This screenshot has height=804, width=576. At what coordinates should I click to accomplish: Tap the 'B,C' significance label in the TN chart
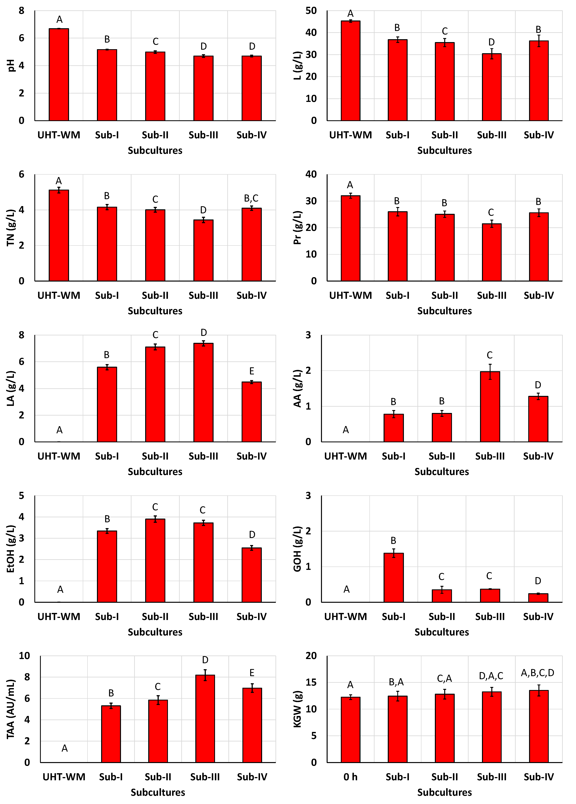pyautogui.click(x=251, y=199)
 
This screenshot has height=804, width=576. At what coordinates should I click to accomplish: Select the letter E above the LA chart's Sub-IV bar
pyautogui.click(x=251, y=371)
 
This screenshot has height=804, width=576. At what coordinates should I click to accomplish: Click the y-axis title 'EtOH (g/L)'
pyautogui.click(x=11, y=549)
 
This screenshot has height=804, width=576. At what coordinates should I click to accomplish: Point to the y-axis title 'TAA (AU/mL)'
pyautogui.click(x=11, y=709)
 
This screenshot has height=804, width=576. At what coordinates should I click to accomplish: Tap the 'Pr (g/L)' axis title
pyautogui.click(x=297, y=228)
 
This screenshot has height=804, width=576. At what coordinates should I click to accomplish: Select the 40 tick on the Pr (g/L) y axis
pyautogui.click(x=311, y=174)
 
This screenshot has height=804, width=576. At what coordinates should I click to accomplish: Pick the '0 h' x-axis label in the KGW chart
pyautogui.click(x=351, y=777)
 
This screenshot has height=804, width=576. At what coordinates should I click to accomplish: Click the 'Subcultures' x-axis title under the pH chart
pyautogui.click(x=155, y=151)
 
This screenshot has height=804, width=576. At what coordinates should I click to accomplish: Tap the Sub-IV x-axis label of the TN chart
pyautogui.click(x=251, y=295)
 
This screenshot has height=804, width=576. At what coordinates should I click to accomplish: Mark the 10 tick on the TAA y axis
pyautogui.click(x=25, y=656)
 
